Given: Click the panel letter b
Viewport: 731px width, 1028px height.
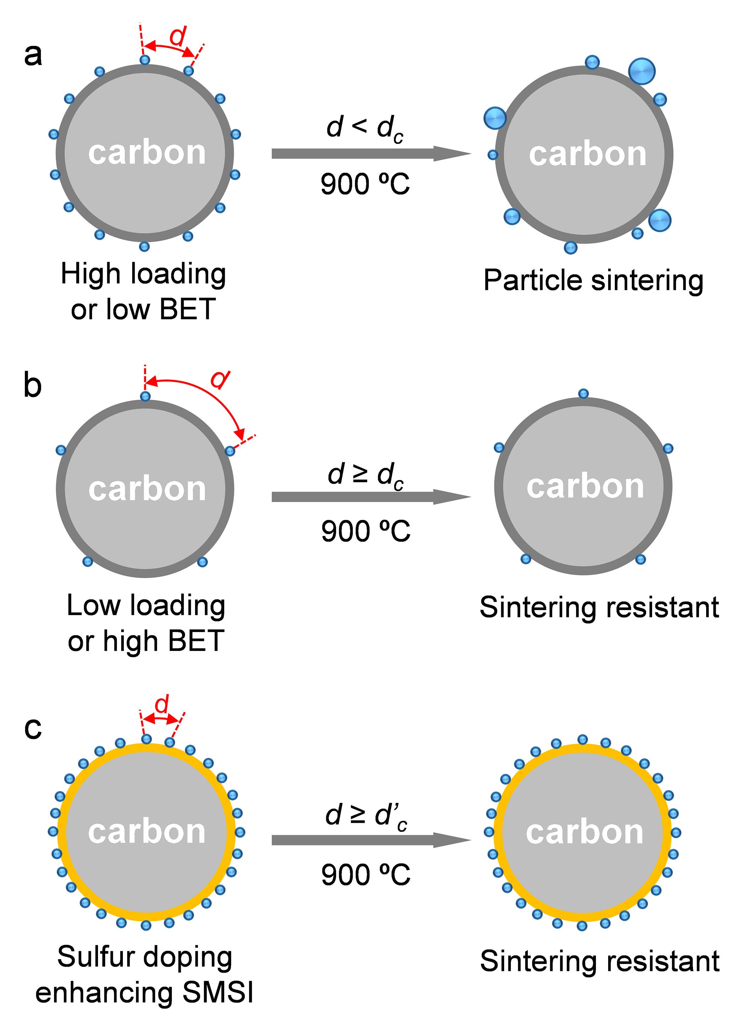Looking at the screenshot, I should pos(32,386).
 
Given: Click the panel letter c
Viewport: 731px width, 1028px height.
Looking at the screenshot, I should pos(32,728).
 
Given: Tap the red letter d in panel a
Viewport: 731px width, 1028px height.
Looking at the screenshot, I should pos(178,36).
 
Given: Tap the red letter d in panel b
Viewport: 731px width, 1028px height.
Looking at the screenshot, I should pos(220,379).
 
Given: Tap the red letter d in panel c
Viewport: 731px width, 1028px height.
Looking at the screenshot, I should pos(162,704).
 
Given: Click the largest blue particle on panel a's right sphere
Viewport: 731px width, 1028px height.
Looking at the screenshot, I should pos(641,71).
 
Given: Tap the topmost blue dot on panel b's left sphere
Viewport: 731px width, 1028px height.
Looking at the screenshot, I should pos(145,396).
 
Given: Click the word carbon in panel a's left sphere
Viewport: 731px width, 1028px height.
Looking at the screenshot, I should pos(147,153).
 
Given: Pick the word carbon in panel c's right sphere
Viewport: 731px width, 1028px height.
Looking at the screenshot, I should pos(584,832).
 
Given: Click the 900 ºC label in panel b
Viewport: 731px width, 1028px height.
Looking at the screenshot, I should pos(365,531).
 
